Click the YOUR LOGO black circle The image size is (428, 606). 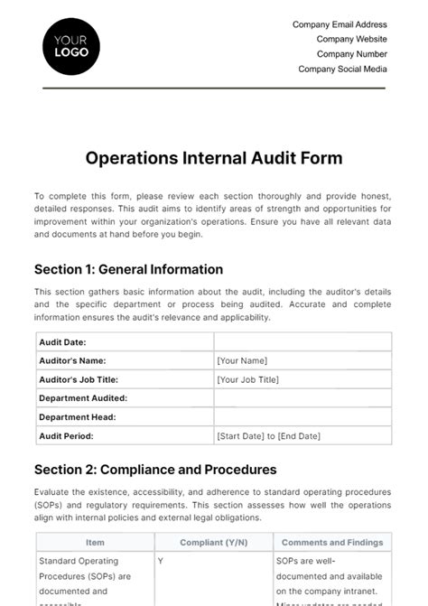(71, 46)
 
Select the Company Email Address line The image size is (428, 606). (340, 25)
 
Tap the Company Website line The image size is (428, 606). (351, 40)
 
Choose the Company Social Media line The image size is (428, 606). (342, 69)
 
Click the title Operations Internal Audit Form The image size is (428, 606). (214, 158)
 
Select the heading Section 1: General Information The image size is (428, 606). (128, 269)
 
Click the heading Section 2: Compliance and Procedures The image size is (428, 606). (155, 470)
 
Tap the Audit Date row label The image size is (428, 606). (63, 342)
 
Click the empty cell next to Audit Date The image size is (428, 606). (302, 342)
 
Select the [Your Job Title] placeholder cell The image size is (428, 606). (247, 379)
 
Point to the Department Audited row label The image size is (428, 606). (83, 398)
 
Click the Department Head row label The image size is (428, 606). (78, 417)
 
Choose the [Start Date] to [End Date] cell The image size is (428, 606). (268, 436)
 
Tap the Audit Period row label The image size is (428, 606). (66, 436)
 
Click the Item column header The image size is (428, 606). (95, 543)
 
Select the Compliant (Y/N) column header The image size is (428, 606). (213, 543)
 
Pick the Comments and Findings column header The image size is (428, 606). (332, 543)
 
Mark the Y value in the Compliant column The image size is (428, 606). (161, 561)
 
